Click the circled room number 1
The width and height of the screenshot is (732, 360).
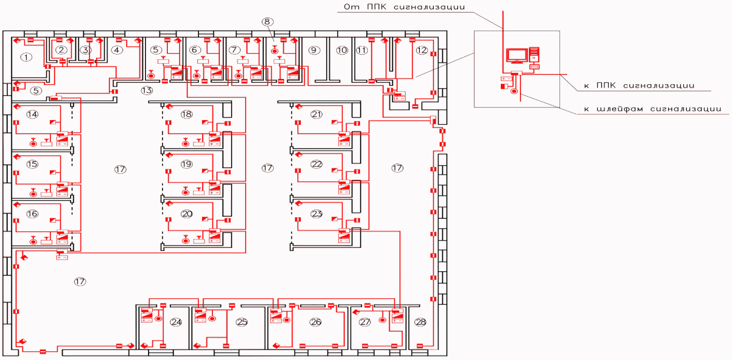[x=26, y=58]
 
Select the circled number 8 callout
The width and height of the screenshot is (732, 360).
[x=268, y=22]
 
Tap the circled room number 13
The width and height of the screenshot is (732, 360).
[x=147, y=90]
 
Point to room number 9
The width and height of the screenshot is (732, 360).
[x=314, y=50]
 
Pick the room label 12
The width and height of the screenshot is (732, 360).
[x=421, y=50]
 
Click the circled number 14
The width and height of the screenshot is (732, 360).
[x=32, y=114]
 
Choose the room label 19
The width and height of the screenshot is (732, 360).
[x=187, y=164]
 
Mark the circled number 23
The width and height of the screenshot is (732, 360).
[x=316, y=214]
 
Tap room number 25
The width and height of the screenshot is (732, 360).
[x=242, y=322]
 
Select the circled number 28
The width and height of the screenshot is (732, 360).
[x=420, y=322]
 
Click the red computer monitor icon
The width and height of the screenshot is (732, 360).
[x=516, y=56]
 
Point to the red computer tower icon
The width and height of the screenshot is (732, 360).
[x=534, y=55]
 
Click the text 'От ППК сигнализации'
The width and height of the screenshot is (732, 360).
[x=404, y=7]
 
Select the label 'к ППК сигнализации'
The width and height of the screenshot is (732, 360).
[x=639, y=86]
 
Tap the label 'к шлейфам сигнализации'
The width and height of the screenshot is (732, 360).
[x=653, y=109]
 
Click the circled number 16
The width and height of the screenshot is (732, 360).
[x=32, y=214]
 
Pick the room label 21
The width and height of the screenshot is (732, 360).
[x=316, y=114]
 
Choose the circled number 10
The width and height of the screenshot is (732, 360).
[x=342, y=50]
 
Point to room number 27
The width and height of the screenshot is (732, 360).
[x=365, y=322]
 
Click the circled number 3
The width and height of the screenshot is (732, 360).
[x=86, y=50]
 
